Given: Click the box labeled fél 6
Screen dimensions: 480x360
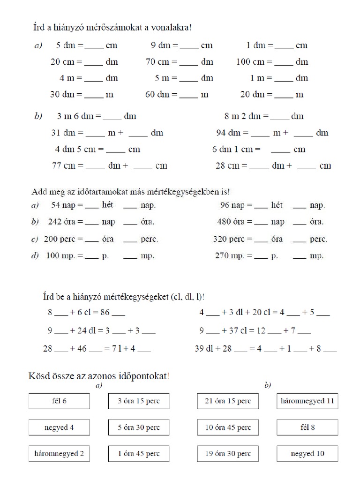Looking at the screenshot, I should click(59, 401).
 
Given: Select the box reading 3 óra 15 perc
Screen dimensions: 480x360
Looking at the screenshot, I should click(139, 401).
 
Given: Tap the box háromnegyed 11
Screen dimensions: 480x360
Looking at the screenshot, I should click(307, 401).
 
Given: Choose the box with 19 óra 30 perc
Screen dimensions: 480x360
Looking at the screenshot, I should click(228, 454).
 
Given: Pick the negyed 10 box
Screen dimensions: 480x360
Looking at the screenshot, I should click(307, 454).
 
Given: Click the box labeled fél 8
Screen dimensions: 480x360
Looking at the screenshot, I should click(307, 427).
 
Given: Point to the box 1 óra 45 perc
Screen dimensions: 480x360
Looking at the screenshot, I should click(139, 454).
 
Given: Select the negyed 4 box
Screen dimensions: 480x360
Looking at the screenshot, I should click(59, 427).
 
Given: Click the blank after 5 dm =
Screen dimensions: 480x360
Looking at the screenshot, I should click(94, 47).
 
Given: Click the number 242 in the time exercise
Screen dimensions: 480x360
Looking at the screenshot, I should click(55, 222).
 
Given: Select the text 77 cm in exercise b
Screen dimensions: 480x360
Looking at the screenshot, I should click(60, 165).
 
